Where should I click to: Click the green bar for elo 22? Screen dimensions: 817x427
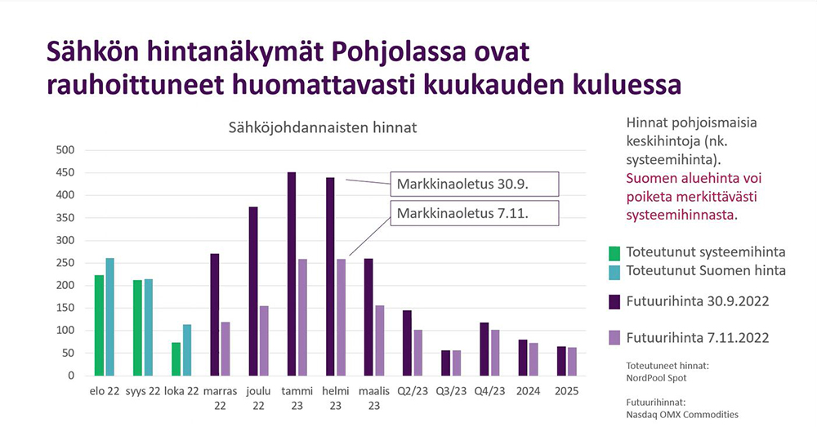99,325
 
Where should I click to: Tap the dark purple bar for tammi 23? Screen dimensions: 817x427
292,274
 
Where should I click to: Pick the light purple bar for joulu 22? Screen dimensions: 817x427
264,340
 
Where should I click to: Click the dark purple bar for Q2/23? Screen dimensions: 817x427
407,343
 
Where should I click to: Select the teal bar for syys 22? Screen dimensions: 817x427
149,327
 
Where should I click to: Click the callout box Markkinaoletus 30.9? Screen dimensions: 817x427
475,184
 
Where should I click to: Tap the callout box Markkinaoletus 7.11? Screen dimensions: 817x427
475,213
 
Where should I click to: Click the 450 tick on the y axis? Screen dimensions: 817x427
65,172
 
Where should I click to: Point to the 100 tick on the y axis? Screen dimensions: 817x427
65,330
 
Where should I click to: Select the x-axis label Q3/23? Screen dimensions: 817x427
451,391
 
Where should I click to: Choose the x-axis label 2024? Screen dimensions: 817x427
529,391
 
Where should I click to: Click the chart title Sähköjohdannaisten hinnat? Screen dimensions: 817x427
323,127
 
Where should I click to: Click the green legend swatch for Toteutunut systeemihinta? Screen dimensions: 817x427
615,253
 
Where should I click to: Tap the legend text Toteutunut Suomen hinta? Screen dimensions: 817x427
706,270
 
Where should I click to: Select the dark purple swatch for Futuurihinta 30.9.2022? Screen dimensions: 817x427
615,302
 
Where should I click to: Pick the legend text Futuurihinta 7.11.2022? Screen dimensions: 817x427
698,338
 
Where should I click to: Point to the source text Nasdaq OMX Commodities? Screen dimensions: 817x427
682,415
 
